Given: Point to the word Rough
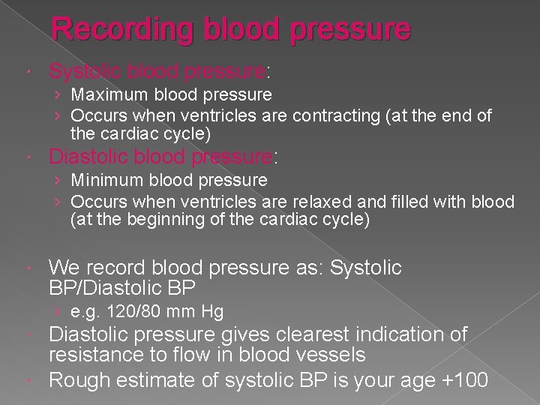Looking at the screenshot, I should [74, 379].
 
